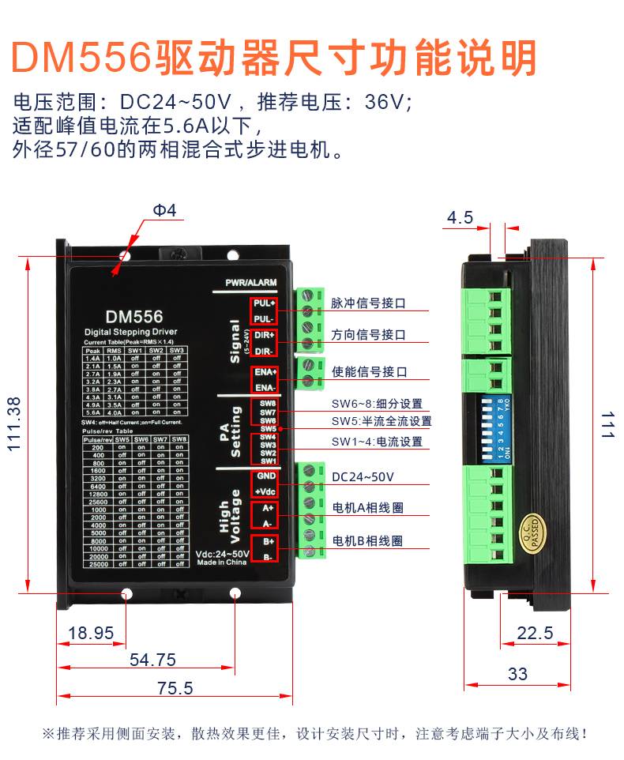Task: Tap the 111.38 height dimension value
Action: coord(14,423)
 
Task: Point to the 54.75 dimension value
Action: coord(152,660)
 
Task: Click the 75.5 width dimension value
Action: coord(175,688)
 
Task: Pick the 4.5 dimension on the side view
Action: coord(460,217)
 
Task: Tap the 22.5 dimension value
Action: coord(535,633)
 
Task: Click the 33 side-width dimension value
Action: coord(517,674)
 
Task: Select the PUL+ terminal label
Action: coord(264,303)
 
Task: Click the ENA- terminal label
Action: coord(264,387)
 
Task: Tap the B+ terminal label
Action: coord(268,542)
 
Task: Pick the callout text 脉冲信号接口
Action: coord(369,303)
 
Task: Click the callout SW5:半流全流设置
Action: coord(382,421)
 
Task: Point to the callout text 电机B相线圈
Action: coord(367,541)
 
